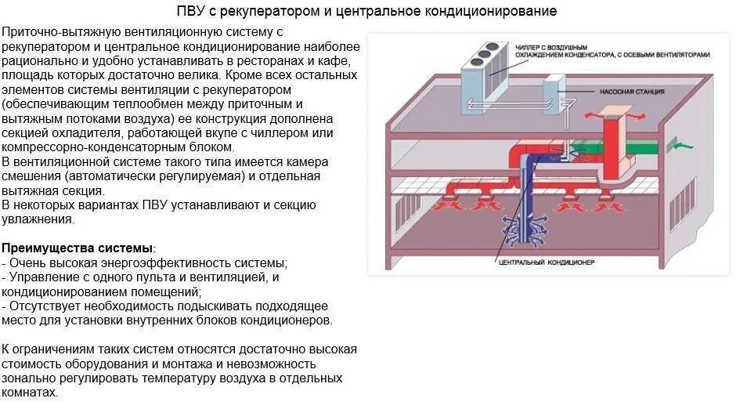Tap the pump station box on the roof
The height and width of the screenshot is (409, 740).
click(551, 92)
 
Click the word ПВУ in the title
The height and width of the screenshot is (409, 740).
click(190, 12)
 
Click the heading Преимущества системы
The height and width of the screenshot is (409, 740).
click(78, 248)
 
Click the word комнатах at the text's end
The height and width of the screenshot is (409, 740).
click(29, 392)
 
